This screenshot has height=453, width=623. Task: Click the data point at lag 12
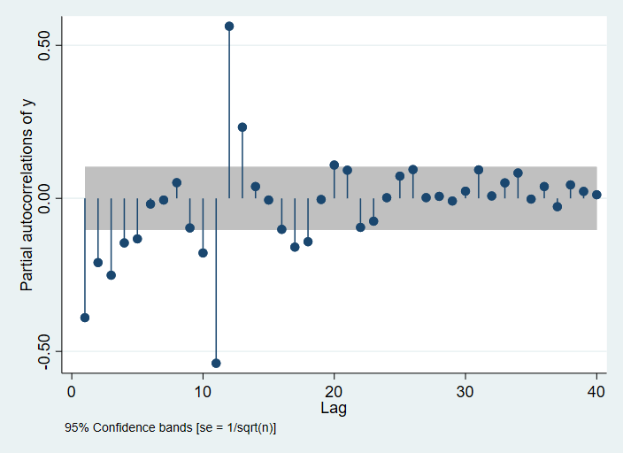pos(229,26)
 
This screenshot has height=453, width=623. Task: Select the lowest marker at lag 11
pos(216,363)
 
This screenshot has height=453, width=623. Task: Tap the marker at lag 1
pos(85,318)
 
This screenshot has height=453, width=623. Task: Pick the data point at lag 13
pos(242,127)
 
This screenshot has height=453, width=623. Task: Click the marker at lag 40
pos(596,195)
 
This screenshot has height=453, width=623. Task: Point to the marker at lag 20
pos(334,165)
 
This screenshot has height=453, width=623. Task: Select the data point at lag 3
pos(111,275)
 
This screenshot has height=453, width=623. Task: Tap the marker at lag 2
pos(98,263)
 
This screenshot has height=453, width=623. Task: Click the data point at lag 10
pos(203,253)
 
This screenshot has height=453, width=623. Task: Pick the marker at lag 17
pos(295,247)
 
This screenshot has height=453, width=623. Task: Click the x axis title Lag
pos(334,409)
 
